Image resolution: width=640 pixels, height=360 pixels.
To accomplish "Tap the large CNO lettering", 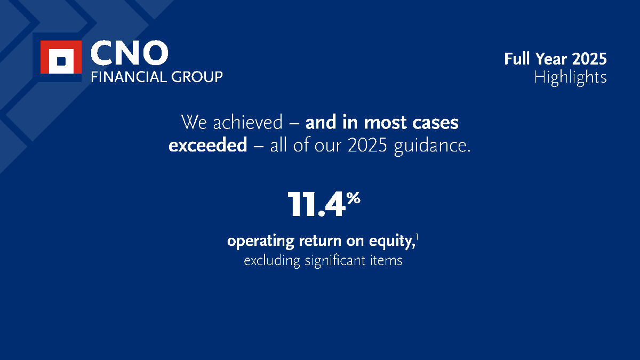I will click(x=129, y=53).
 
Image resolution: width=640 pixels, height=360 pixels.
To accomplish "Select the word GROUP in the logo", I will click(x=196, y=77).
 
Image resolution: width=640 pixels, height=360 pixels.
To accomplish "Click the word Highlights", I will click(x=570, y=77).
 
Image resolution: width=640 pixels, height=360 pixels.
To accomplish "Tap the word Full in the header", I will click(x=516, y=59).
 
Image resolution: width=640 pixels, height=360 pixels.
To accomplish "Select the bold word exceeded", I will click(x=207, y=146).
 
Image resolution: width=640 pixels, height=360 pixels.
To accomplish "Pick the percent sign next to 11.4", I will click(x=353, y=198).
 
